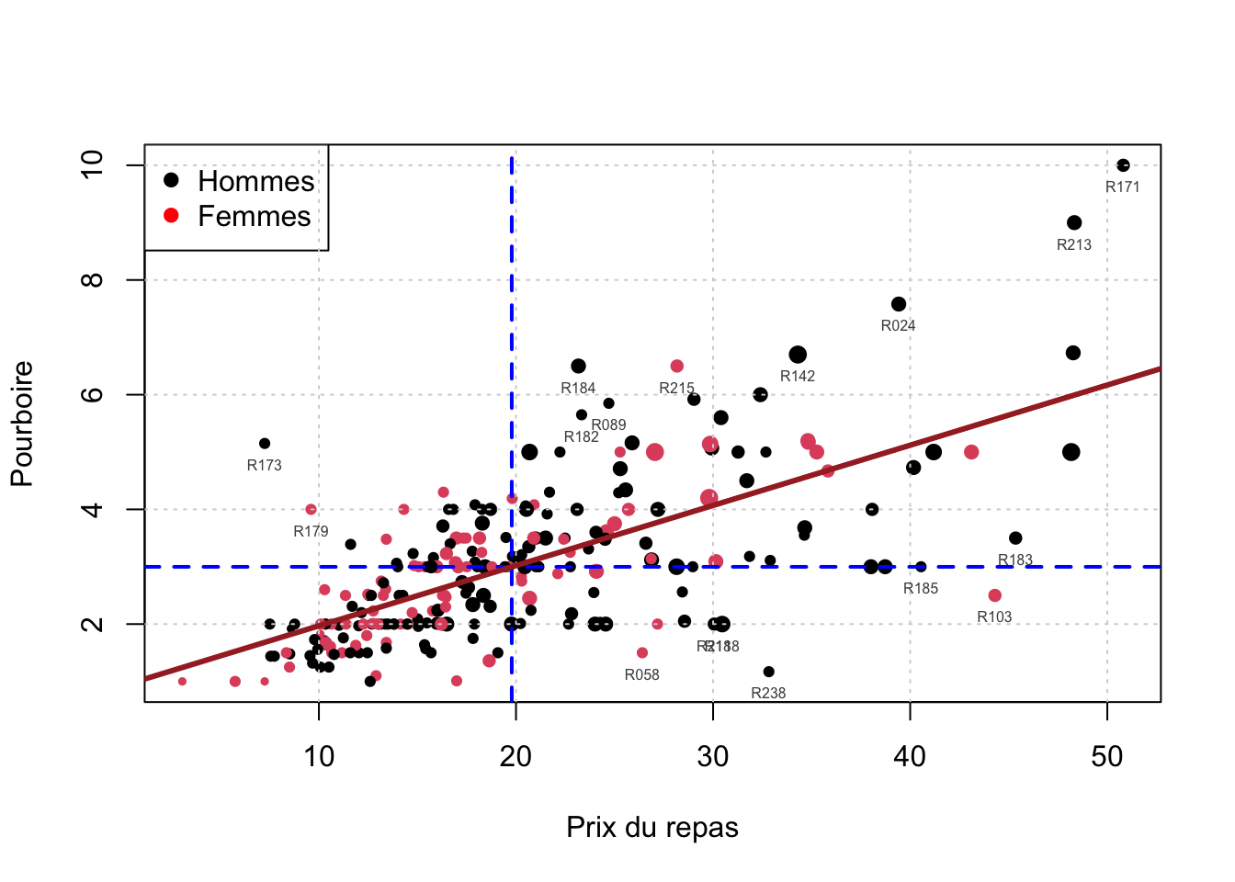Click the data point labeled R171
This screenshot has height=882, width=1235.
pyautogui.click(x=1123, y=165)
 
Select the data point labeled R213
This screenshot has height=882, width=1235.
pyautogui.click(x=1074, y=222)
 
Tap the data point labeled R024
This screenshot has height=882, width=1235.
pyautogui.click(x=899, y=304)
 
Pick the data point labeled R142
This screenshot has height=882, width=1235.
pyautogui.click(x=798, y=355)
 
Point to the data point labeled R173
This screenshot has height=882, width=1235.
pyautogui.click(x=265, y=444)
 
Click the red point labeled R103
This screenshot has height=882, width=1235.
pyautogui.click(x=995, y=595)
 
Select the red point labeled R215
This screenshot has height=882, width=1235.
pyautogui.click(x=677, y=367)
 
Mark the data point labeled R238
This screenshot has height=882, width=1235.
pyautogui.click(x=769, y=672)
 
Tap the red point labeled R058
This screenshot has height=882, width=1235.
pyautogui.click(x=642, y=653)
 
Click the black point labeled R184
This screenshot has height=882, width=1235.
pyautogui.click(x=578, y=367)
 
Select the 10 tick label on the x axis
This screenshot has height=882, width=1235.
pyautogui.click(x=319, y=757)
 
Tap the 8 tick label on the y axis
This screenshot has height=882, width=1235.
pyautogui.click(x=93, y=279)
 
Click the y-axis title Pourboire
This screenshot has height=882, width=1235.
pyautogui.click(x=22, y=424)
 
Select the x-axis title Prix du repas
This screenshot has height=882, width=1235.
pyautogui.click(x=652, y=827)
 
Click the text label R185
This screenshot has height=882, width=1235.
pyautogui.click(x=921, y=589)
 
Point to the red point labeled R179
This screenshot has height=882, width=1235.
pyautogui.click(x=311, y=509)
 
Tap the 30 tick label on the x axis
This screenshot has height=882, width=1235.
pyautogui.click(x=713, y=757)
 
